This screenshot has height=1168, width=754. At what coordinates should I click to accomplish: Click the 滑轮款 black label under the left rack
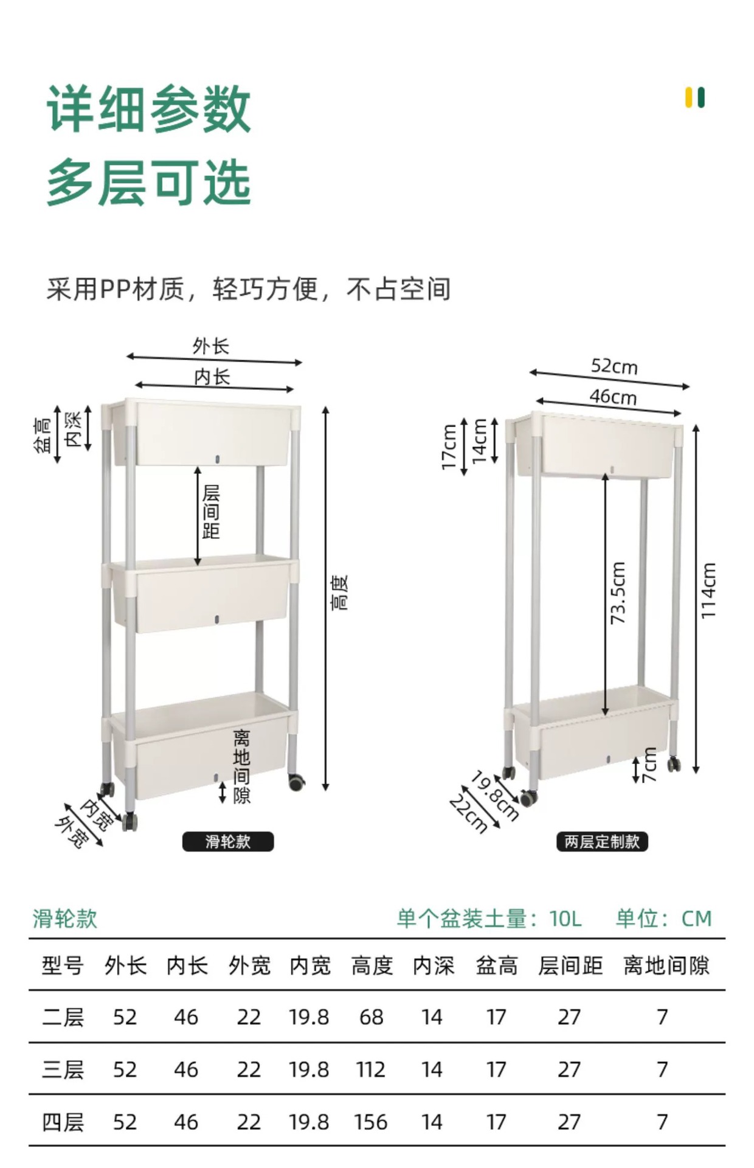click(x=228, y=841)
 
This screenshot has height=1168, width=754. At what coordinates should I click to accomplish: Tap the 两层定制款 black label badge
click(x=602, y=841)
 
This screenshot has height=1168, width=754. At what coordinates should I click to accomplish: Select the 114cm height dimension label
click(x=709, y=590)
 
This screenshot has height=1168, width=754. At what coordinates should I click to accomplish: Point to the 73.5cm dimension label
click(x=618, y=593)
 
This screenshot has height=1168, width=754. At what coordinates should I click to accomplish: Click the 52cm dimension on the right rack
click(x=614, y=366)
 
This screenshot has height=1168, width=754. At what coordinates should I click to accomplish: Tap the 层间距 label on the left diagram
click(x=211, y=512)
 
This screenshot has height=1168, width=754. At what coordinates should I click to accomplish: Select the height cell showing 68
click(x=371, y=1017)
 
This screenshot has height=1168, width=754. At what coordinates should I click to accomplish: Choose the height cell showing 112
click(x=371, y=1069)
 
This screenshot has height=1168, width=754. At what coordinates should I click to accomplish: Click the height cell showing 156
click(x=371, y=1121)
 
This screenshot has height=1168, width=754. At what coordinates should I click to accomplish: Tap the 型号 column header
click(x=63, y=965)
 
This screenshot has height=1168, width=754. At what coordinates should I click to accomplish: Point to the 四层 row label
click(x=63, y=1121)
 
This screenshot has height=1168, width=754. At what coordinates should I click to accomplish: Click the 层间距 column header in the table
click(x=570, y=965)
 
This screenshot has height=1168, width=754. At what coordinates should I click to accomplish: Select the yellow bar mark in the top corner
click(x=689, y=98)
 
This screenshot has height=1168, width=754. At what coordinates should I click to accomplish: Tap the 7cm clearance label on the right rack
click(x=649, y=765)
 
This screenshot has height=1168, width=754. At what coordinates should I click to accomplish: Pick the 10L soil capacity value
click(x=565, y=919)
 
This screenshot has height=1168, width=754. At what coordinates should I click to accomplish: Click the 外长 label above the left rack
click(x=211, y=346)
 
